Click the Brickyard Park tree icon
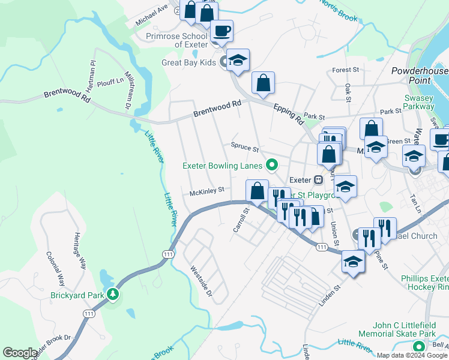coord(112,294)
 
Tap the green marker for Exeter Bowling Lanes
coord(272,164)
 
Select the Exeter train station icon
coord(319,179)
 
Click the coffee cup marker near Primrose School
coord(221,31)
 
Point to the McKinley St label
coord(206,191)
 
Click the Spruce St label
coord(244,146)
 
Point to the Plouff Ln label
coord(110,80)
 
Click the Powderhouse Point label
coord(419,76)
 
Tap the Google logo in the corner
coord(20,352)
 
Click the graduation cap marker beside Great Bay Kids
coord(238,60)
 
